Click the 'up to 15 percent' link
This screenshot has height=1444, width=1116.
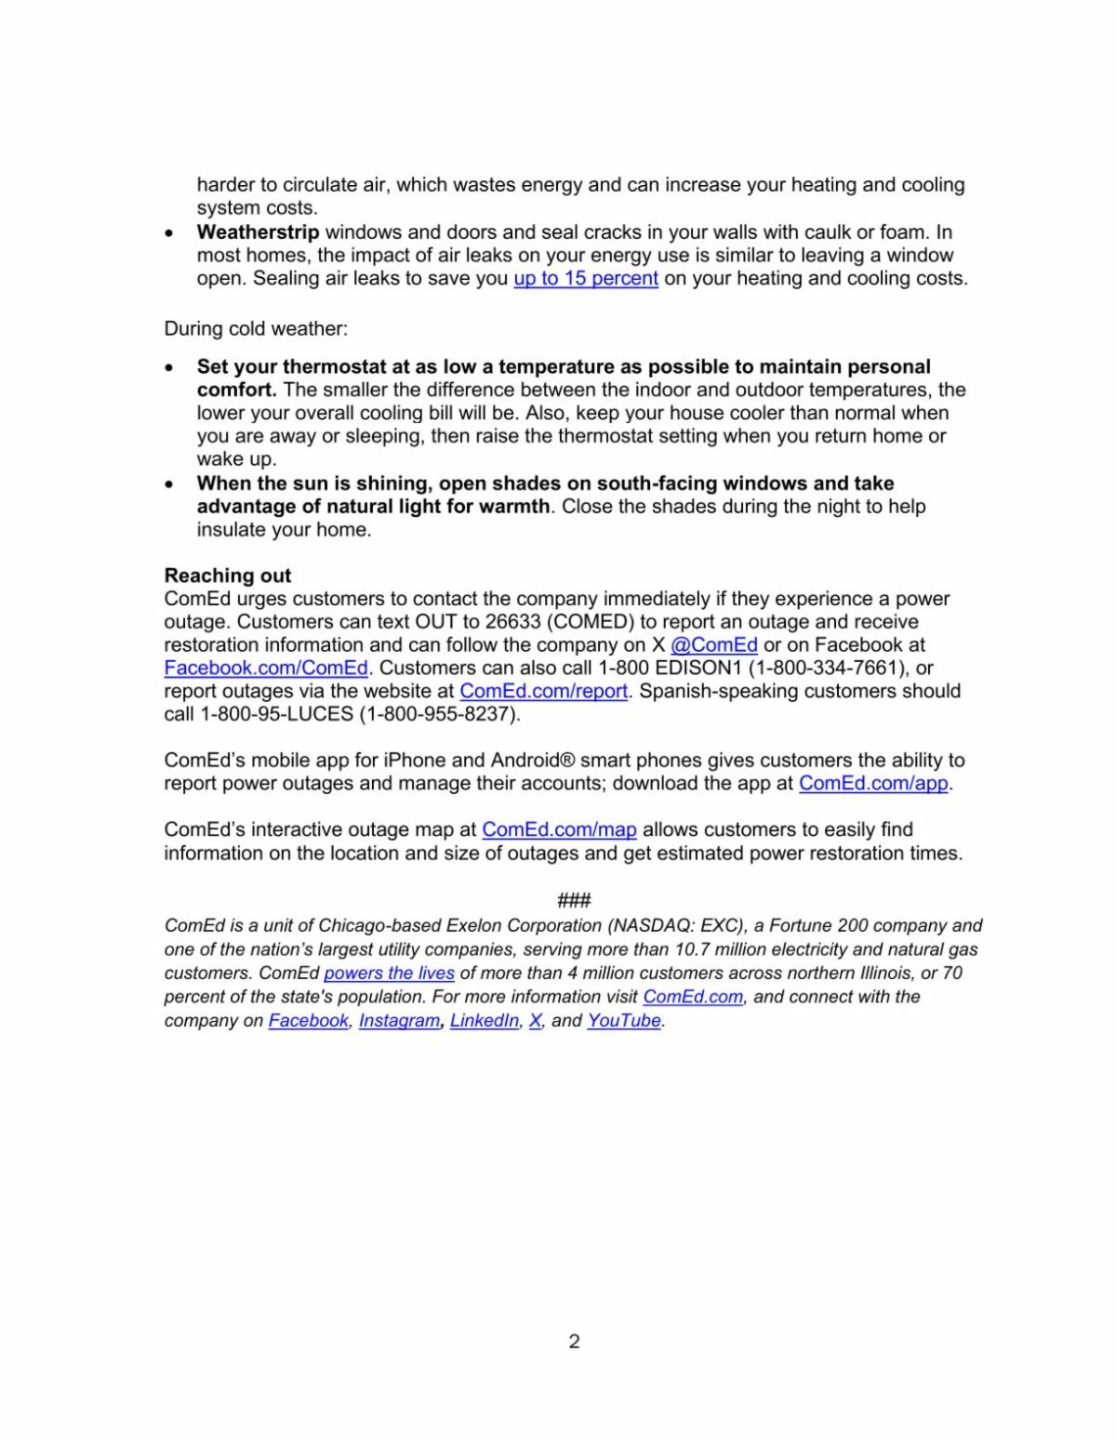[x=586, y=278]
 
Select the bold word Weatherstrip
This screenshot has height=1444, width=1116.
[x=258, y=232]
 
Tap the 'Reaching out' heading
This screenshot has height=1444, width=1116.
[x=228, y=575]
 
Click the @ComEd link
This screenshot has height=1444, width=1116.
[x=713, y=644]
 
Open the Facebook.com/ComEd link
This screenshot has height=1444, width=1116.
[x=266, y=668]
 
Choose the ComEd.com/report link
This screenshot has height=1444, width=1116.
[x=544, y=691]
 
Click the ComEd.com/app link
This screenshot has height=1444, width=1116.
[x=873, y=783]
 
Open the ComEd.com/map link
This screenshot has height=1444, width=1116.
[x=559, y=829]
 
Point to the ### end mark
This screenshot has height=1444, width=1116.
[x=574, y=900]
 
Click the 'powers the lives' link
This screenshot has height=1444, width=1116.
[x=389, y=974]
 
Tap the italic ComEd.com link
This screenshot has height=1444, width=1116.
[x=693, y=997]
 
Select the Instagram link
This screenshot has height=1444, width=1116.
[x=399, y=1021]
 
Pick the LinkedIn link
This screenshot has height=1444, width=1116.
[x=484, y=1021]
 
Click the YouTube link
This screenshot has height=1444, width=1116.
[x=624, y=1021]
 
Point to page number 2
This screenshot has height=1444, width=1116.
[x=574, y=1341]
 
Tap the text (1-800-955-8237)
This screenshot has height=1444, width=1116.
[x=440, y=714]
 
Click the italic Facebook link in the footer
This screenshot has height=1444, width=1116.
[x=308, y=1021]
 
